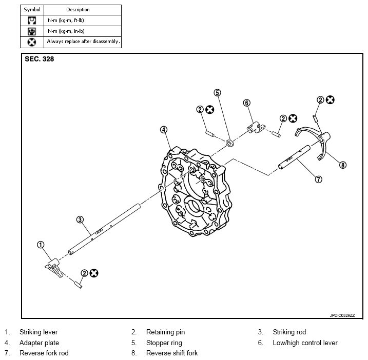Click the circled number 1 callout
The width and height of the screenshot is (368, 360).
point(41,245)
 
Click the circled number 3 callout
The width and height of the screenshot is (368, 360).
point(80,219)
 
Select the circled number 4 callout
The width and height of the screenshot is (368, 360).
point(164,130)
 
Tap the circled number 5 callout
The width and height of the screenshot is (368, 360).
point(217,93)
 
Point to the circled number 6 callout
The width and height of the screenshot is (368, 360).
point(247,103)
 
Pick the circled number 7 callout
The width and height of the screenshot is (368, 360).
point(319,179)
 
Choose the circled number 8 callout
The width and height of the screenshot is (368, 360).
point(343,165)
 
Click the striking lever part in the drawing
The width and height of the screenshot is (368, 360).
point(54,267)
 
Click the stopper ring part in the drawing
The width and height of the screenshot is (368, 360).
point(229,143)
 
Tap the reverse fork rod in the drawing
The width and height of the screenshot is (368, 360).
point(294,157)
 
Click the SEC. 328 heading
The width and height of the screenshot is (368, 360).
point(40,59)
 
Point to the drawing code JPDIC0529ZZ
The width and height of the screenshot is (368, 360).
point(342,315)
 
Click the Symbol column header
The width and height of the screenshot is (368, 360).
point(32,10)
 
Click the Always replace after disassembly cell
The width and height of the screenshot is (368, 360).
point(83,42)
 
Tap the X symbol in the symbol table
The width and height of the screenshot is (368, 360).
point(32,42)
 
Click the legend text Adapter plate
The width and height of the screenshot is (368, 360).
point(39,343)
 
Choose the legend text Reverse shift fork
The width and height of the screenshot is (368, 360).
point(172,353)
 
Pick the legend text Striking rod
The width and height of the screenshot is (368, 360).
point(289,332)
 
